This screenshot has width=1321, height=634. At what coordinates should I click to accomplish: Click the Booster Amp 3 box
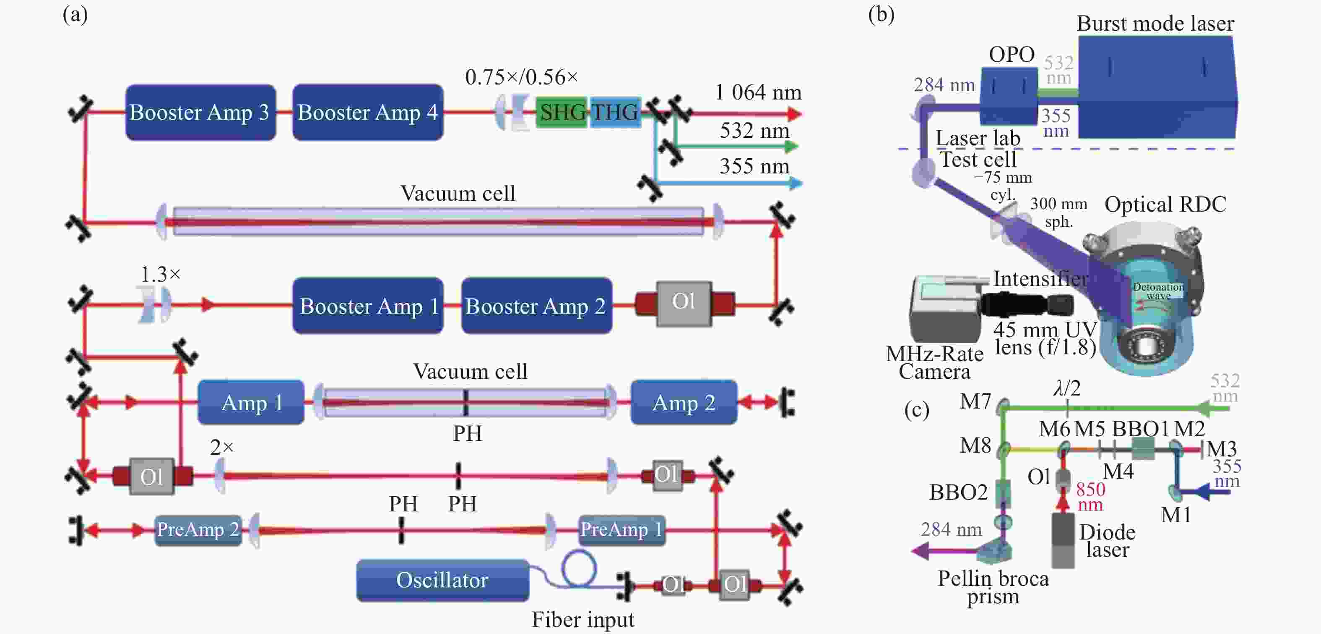coord(200,113)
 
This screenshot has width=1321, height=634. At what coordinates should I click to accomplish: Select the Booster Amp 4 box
coord(368,113)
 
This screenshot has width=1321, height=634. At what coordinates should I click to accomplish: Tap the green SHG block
coord(562,112)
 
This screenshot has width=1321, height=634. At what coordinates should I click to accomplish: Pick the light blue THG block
coord(615,112)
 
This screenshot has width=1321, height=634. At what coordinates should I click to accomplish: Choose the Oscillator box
coord(442,580)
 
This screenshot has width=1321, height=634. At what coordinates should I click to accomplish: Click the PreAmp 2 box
coord(198,530)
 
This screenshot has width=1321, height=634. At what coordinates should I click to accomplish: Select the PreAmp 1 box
coord(622,530)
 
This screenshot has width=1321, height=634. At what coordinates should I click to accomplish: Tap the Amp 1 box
coord(251,403)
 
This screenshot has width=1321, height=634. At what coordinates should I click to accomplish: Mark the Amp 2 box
coord(684,403)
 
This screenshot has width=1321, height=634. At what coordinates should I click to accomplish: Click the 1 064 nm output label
coord(758,92)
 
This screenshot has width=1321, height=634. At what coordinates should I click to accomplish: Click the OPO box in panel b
coord(1009,97)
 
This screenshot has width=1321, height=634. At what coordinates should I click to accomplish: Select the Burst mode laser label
coord(1155,24)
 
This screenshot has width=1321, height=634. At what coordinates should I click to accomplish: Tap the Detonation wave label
coord(1158,291)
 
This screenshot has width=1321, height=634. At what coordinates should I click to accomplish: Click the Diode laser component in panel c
coord(1063,540)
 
